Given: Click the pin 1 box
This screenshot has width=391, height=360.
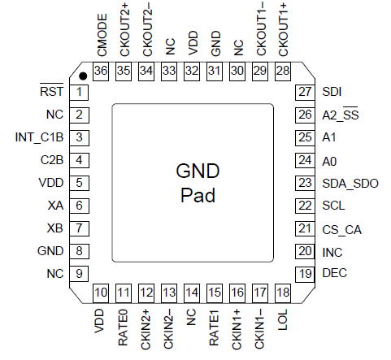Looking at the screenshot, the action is [79, 93].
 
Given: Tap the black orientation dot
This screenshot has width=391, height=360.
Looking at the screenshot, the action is [83, 76].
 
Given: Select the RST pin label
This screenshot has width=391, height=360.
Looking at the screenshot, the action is [51, 90].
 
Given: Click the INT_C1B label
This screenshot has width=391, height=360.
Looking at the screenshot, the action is [39, 137].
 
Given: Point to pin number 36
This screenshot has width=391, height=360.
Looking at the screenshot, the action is [101, 71].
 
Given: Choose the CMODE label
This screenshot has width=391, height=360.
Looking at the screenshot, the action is [102, 35].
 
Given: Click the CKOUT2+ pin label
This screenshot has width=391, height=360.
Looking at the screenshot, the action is [125, 30].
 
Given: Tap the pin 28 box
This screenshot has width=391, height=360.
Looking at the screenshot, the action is [283, 72].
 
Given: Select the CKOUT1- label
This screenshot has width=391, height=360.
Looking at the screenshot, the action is [262, 28].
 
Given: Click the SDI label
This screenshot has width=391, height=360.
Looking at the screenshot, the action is [332, 92].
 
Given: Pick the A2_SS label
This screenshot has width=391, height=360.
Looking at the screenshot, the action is [341, 114].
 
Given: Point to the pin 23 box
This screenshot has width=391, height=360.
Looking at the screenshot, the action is [305, 183].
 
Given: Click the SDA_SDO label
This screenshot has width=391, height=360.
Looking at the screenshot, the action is [350, 184].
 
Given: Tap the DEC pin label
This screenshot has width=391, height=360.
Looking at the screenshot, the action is [334, 273].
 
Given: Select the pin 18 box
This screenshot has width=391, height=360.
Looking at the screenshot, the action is [283, 293].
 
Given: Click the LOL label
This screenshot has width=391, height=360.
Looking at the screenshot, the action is [283, 319].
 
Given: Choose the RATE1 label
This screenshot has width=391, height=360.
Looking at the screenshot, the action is [214, 327].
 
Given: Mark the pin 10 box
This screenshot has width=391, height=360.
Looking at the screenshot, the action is [101, 293].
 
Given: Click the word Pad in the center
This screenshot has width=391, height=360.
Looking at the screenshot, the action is [198, 195].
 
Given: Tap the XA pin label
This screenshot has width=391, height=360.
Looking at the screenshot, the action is [55, 206].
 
